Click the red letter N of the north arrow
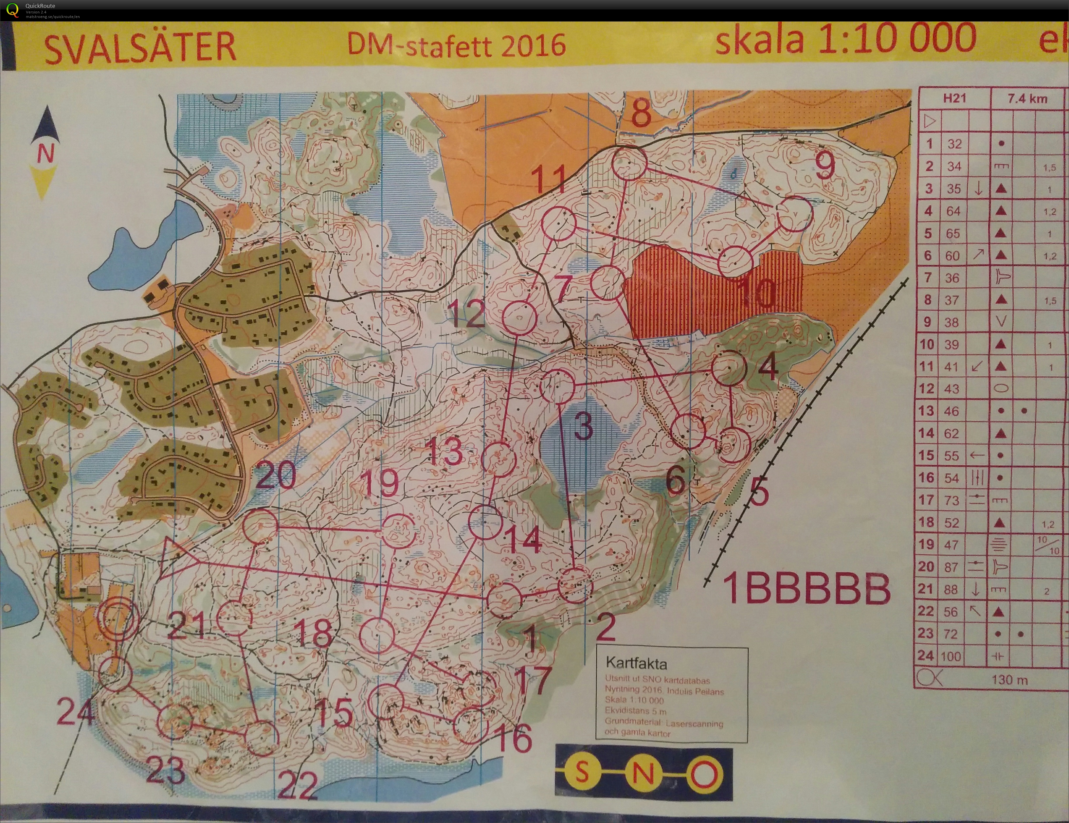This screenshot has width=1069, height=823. tap(45, 154)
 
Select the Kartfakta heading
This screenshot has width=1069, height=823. tap(636, 664)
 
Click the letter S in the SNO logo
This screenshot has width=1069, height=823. tap(582, 773)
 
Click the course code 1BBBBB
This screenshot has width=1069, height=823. tap(806, 589)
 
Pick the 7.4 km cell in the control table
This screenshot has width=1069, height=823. tap(1027, 98)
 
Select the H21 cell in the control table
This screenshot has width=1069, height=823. tap(954, 98)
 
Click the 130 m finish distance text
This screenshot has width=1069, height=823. tap(1009, 680)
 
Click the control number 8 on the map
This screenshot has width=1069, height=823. tap(641, 113)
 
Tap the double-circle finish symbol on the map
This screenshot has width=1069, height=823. tap(118, 620)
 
